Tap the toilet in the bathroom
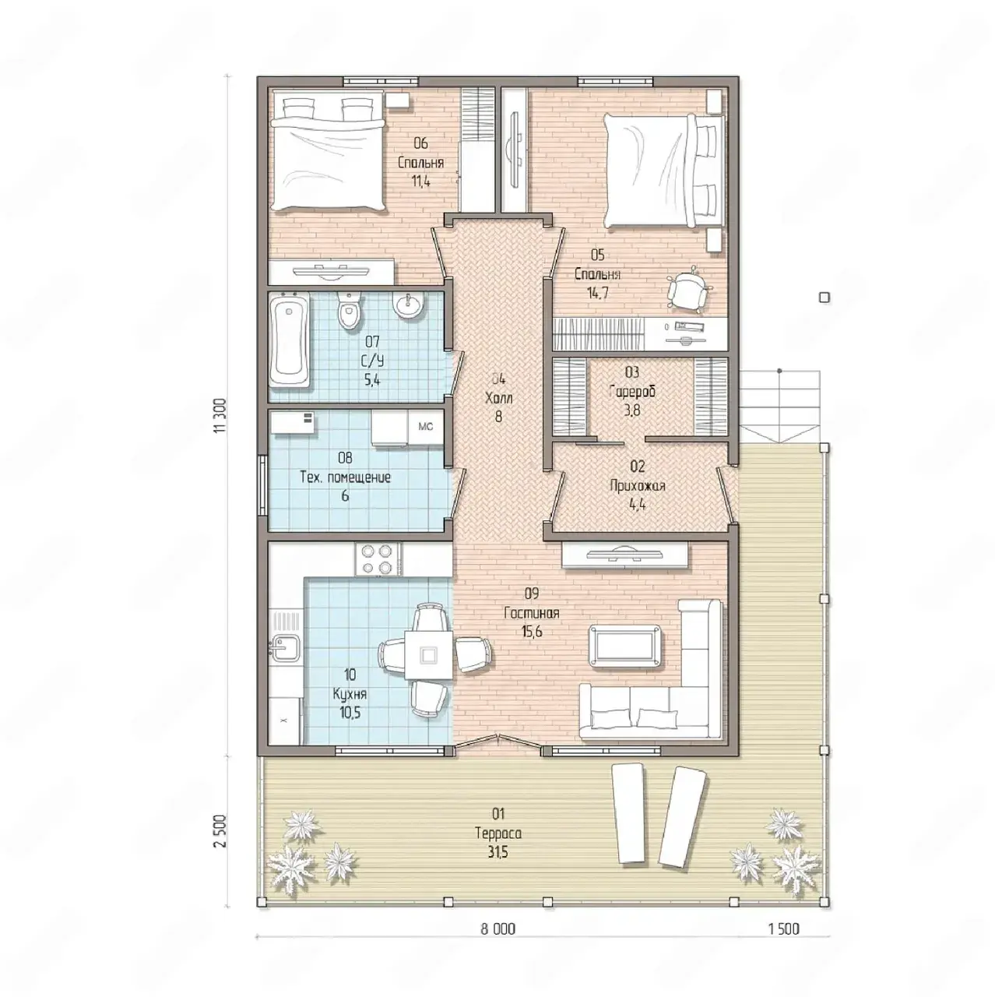[348, 311]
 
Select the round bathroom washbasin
[409, 305]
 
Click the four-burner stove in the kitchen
[377, 558]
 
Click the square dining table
[427, 655]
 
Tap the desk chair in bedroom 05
[687, 291]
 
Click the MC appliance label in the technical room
[425, 427]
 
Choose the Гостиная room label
[532, 613]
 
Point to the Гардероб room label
[632, 392]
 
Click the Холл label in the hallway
[498, 398]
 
